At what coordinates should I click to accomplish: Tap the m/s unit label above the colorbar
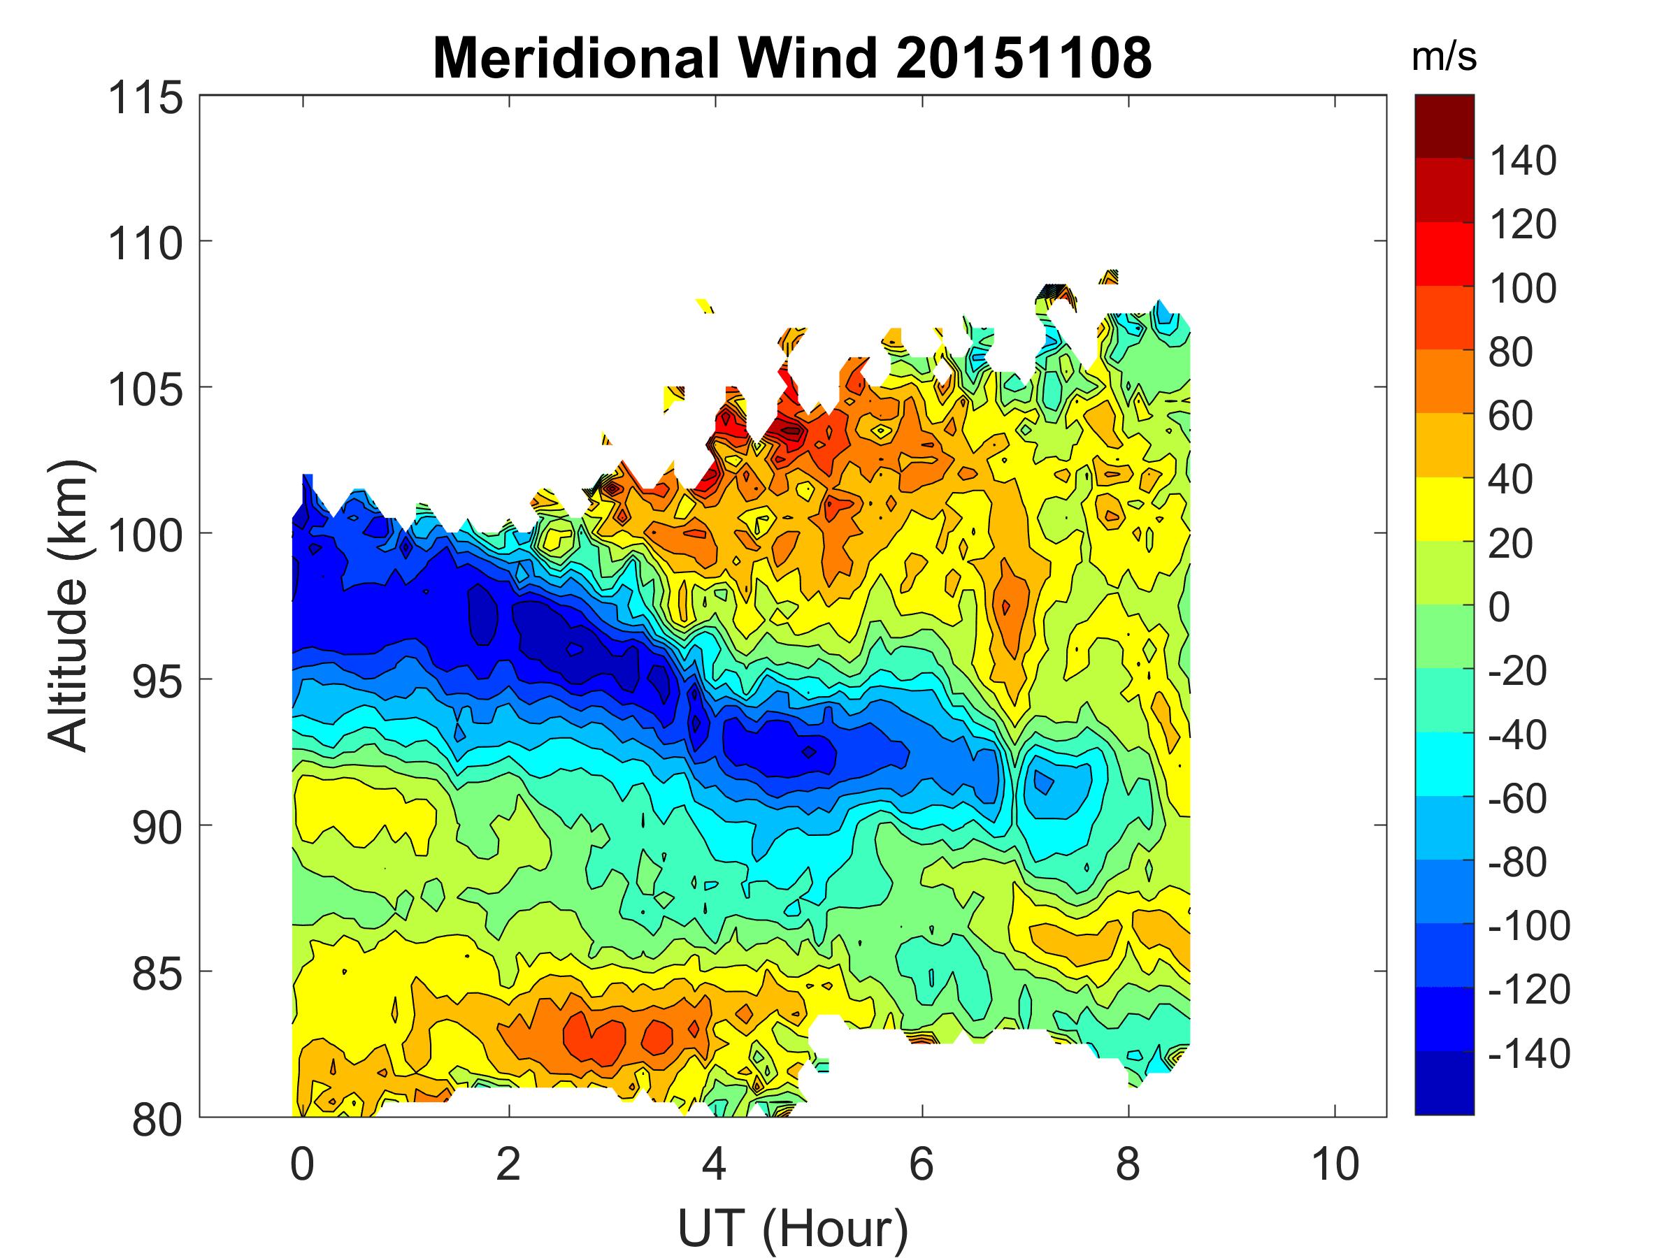pos(1444,57)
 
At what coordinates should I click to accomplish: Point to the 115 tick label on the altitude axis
pos(145,99)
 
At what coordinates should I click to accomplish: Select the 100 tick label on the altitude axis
pos(145,536)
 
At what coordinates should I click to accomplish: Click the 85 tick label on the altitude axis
pos(157,974)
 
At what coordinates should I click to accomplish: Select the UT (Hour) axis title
pos(793,1229)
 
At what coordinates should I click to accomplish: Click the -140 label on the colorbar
pos(1528,1054)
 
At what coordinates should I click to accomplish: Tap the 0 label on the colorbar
pos(1499,607)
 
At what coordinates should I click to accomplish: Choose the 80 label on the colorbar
pos(1510,353)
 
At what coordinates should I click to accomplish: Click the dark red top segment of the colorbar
pos(1444,126)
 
